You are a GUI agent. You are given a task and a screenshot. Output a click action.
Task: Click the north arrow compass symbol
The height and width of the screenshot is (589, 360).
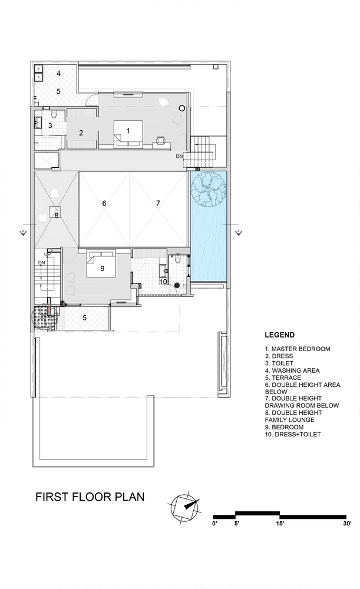click(x=185, y=507)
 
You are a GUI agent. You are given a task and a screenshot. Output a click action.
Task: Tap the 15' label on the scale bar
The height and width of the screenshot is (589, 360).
click(x=280, y=523)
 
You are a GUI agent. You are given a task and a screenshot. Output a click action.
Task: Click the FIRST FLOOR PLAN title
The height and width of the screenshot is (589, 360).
click(x=90, y=497)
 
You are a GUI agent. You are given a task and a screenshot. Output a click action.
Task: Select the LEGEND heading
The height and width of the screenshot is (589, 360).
click(x=280, y=335)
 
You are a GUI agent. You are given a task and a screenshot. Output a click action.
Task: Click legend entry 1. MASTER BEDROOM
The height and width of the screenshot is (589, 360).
click(x=297, y=349)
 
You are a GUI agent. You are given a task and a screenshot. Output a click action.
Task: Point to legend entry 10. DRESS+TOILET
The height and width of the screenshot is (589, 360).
click(x=293, y=434)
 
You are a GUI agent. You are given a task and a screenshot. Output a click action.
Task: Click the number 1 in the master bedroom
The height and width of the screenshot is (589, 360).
click(x=128, y=131)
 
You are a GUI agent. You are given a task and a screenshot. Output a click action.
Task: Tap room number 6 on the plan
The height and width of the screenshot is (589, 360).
click(x=104, y=203)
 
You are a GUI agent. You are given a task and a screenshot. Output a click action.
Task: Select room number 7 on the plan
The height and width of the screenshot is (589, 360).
click(x=158, y=203)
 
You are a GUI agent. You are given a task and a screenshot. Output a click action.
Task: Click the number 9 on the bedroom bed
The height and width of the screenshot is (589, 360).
click(x=102, y=268)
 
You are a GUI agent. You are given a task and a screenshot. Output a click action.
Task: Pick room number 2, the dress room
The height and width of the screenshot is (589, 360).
click(x=81, y=133)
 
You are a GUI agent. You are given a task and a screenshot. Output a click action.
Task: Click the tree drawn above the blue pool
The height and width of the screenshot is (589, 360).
click(x=208, y=189)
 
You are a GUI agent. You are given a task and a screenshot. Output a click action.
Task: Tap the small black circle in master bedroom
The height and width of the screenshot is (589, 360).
click(x=182, y=108)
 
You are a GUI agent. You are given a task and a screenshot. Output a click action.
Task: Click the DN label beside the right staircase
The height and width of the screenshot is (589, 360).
click(x=180, y=156)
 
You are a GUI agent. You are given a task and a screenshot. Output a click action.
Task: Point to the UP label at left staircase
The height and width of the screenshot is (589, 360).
click(x=48, y=254)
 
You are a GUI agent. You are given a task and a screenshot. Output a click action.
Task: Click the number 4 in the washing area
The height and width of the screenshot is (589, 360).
click(x=58, y=73)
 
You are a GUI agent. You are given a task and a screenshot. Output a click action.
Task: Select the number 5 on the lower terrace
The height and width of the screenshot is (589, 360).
click(x=85, y=318)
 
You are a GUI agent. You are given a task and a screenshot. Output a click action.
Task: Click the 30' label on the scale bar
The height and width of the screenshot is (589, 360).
click(x=346, y=523)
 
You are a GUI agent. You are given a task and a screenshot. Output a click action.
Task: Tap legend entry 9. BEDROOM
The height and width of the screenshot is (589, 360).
click(x=284, y=427)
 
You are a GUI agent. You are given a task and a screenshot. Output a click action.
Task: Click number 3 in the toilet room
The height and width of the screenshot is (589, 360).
click(x=50, y=126)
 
